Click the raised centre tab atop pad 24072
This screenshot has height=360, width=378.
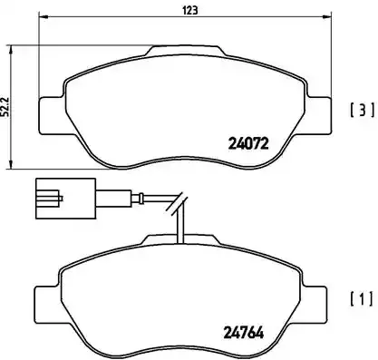pos(185,52)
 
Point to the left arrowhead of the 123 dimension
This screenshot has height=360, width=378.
pos(42,19)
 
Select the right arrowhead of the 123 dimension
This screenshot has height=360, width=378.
pos(330,19)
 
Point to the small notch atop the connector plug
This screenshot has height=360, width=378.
pos(49,185)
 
